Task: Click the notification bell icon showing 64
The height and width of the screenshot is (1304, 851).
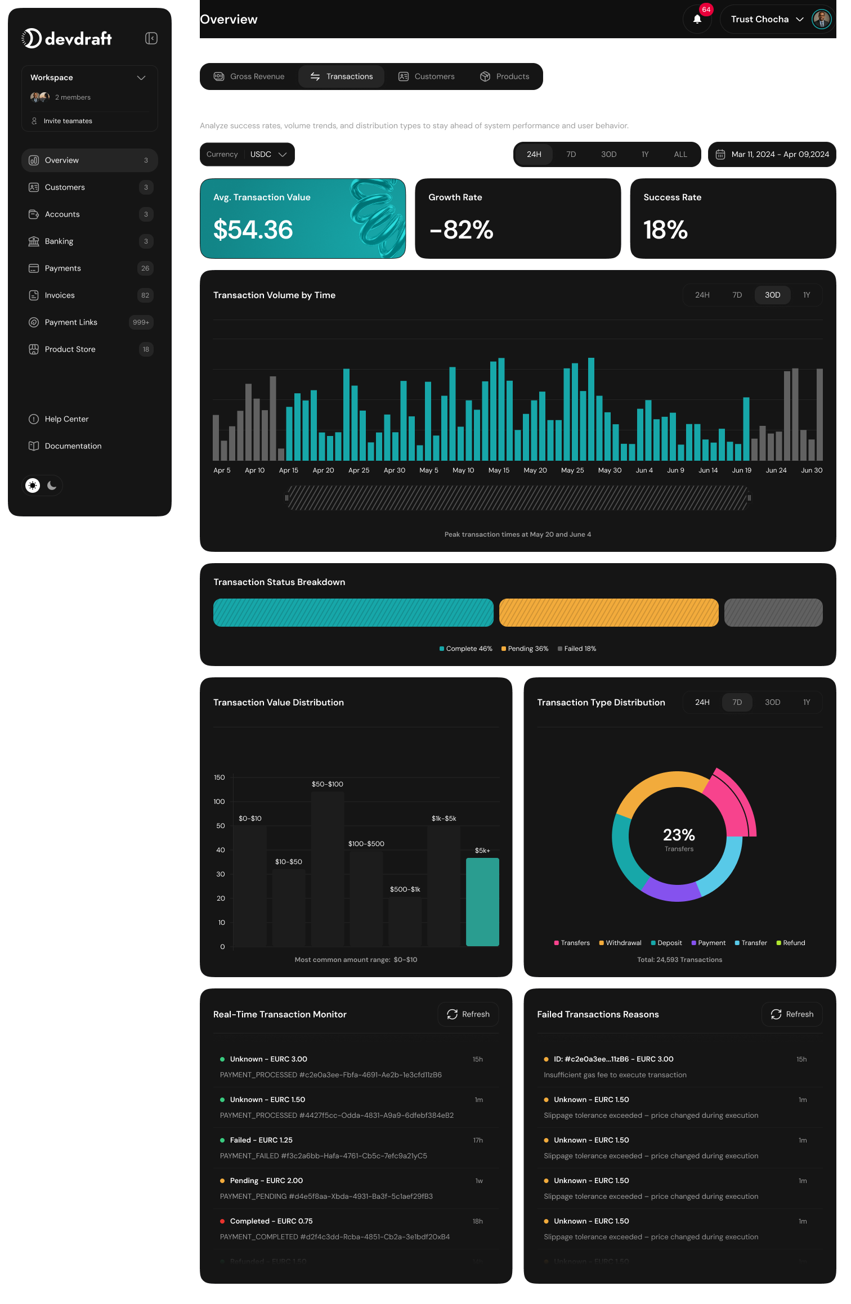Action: tap(697, 19)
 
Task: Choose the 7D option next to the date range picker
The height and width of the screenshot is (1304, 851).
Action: tap(571, 154)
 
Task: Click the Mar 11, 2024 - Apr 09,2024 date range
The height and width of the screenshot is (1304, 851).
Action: tap(772, 154)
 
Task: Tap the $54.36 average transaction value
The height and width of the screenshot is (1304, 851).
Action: tap(253, 230)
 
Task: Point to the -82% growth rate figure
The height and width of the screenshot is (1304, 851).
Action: tap(461, 230)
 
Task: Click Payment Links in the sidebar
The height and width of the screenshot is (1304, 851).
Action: tap(71, 322)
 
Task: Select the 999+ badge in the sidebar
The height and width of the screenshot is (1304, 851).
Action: tap(141, 322)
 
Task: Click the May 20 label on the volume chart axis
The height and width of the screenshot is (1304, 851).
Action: tap(535, 470)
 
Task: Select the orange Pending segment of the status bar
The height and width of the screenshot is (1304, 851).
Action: tap(608, 613)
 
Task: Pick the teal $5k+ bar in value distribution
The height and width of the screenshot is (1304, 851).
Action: tap(482, 901)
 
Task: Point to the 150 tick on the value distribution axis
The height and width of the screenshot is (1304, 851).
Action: tap(219, 777)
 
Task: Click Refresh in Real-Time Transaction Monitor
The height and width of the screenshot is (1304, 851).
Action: tap(468, 1014)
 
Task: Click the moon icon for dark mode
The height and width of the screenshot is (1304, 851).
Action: tap(52, 485)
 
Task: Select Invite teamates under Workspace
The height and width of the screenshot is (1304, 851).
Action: tap(68, 121)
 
